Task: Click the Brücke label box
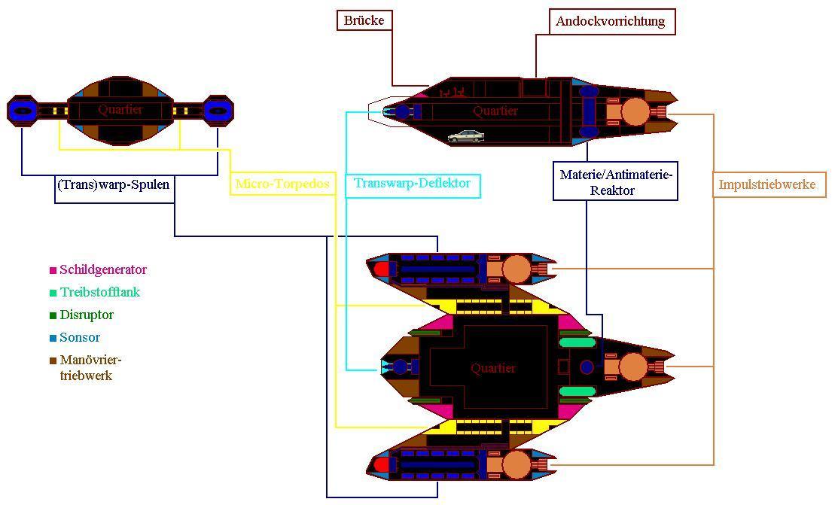coord(364,20)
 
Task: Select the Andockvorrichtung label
coord(611,21)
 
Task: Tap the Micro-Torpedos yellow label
coord(282,184)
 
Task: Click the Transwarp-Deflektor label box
coord(413,184)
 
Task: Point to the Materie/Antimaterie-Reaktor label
coord(615,182)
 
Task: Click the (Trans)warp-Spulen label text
coord(113,184)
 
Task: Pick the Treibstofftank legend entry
coord(99,292)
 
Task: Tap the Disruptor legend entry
coord(87,315)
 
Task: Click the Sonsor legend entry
coord(80,337)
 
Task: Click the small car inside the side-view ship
coord(466,136)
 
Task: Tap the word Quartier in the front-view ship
coord(120,110)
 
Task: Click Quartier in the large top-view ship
coord(493,368)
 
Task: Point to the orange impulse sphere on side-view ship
coord(634,111)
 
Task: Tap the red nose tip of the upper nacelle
coord(382,269)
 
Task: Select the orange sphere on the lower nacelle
coord(517,465)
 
